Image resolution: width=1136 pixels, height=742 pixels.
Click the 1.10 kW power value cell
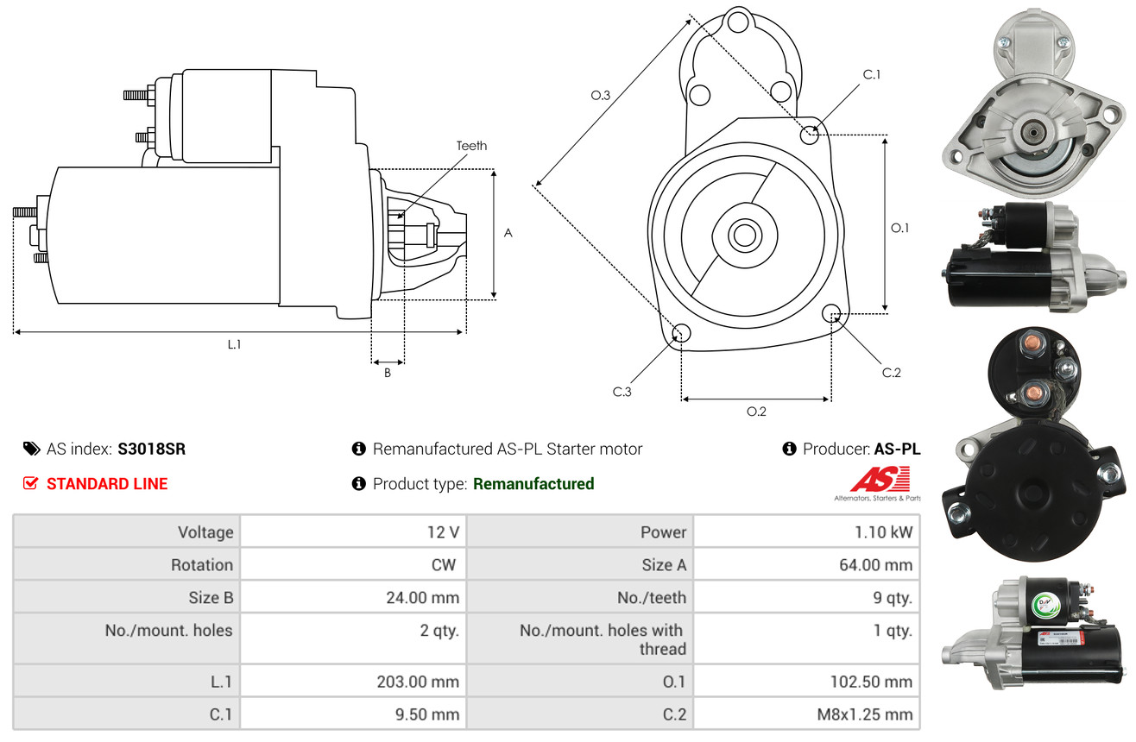click(x=883, y=531)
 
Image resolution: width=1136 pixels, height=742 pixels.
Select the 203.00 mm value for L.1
click(x=418, y=682)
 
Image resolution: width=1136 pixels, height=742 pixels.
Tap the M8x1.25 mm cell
click(x=865, y=714)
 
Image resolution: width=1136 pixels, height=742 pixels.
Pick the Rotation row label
click(x=202, y=564)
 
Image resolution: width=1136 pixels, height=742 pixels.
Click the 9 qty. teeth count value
click(x=893, y=598)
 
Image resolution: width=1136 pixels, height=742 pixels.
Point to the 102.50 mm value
click(x=871, y=682)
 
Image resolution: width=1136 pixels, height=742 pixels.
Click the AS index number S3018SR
click(x=152, y=449)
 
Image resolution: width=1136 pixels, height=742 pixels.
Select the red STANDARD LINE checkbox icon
click(x=30, y=483)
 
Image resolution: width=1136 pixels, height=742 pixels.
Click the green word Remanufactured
click(x=533, y=483)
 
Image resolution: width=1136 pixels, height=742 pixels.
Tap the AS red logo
click(x=880, y=480)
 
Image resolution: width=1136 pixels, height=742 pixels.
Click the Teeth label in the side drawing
click(x=471, y=146)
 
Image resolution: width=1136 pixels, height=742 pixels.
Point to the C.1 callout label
click(x=872, y=74)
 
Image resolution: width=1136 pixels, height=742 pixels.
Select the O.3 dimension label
click(x=601, y=95)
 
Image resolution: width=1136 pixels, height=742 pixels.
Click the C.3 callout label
click(x=622, y=392)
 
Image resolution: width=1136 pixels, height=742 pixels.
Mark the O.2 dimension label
click(x=756, y=412)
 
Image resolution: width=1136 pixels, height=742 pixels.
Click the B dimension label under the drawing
click(x=388, y=373)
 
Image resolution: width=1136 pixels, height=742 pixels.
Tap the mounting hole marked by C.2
click(x=831, y=313)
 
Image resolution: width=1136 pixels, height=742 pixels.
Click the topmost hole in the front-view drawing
click(x=738, y=22)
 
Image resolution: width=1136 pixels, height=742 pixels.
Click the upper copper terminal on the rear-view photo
click(x=1030, y=343)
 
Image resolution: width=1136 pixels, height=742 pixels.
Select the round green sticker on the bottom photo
click(x=1045, y=604)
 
